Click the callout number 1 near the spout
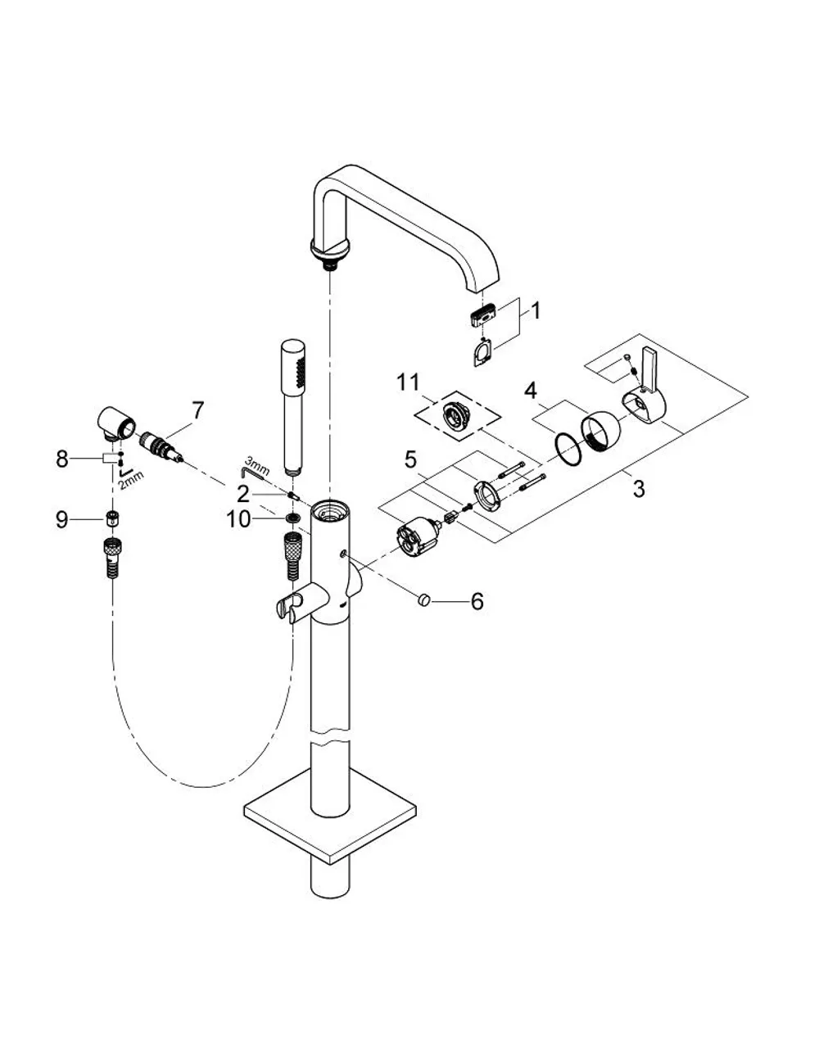pos(536,310)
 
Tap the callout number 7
pos(198,410)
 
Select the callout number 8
pos(62,459)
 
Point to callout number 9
pos(62,520)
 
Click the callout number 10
pos(239,520)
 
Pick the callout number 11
pos(408,382)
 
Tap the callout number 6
pos(477,602)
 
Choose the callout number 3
pos(639,489)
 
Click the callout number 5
pos(410,459)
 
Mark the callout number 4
pos(531,391)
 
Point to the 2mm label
pos(131,480)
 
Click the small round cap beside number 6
pos(423,601)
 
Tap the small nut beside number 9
pos(113,519)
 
